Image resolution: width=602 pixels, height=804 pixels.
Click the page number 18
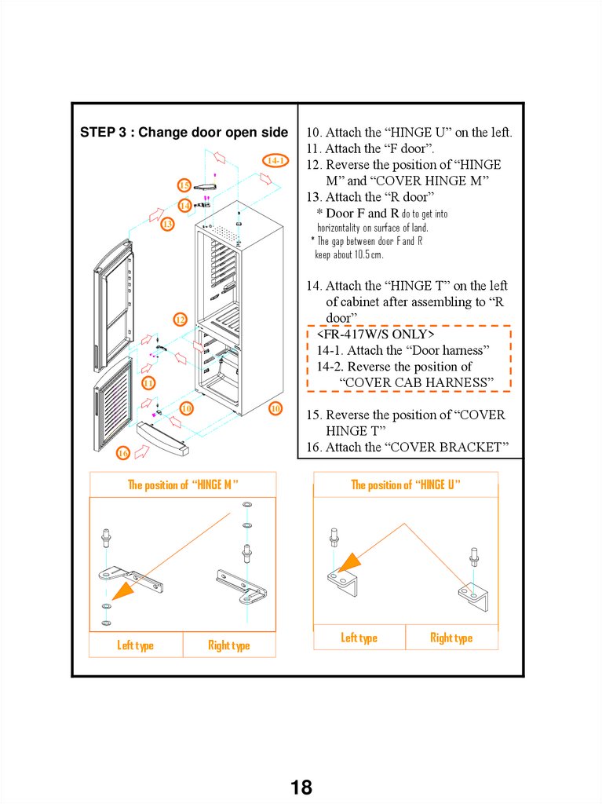click(x=301, y=788)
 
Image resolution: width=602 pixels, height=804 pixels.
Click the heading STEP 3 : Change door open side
click(x=184, y=132)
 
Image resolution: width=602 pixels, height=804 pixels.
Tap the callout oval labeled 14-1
click(x=275, y=161)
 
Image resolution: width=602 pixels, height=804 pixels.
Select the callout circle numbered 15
click(x=184, y=185)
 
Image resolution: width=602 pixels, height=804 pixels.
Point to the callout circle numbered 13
click(x=167, y=225)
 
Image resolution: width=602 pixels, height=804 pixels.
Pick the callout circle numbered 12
click(x=181, y=320)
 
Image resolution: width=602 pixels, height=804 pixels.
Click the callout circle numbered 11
click(x=148, y=382)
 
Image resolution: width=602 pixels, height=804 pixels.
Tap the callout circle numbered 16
click(x=123, y=453)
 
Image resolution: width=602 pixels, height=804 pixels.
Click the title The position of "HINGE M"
click(x=183, y=484)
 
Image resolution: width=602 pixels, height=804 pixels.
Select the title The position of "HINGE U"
click(x=405, y=484)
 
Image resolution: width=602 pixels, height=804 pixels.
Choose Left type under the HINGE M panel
click(x=136, y=645)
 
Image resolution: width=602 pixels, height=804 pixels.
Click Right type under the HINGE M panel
click(x=228, y=645)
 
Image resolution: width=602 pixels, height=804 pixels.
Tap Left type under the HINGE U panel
click(x=359, y=638)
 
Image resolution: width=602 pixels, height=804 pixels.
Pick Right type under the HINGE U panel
click(x=451, y=638)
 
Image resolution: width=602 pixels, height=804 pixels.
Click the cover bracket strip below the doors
click(x=163, y=439)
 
